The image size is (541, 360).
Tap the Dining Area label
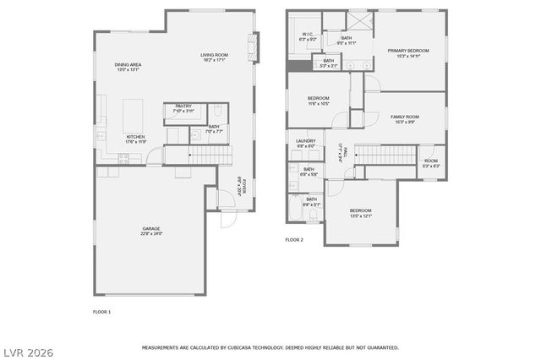click(128, 65)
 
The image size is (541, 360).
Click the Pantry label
click(183, 107)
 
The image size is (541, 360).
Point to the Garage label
click(151, 230)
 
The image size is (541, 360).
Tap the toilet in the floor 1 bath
click(216, 111)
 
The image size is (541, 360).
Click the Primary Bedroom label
click(408, 52)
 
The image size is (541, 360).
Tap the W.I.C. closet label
click(309, 36)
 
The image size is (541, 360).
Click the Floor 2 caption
click(294, 239)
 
